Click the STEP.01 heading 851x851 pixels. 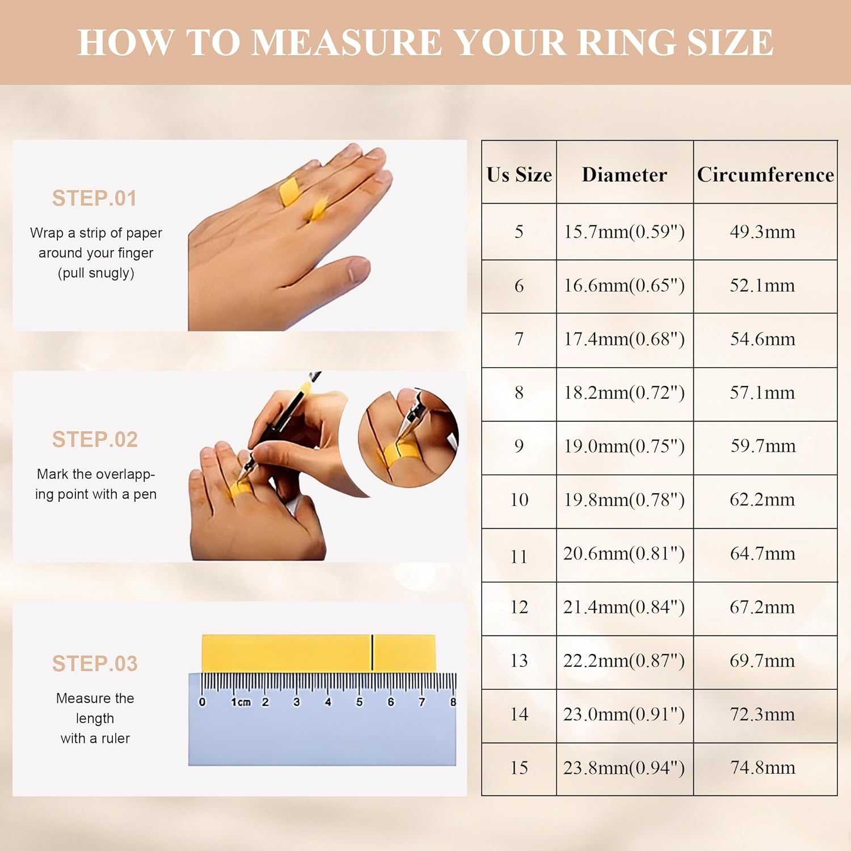pos(94,199)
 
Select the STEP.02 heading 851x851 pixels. pos(95,440)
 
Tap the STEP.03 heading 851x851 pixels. pos(95,664)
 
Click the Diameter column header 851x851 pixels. pos(624,175)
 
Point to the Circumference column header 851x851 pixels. pos(765,175)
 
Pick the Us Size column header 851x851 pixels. pos(519,175)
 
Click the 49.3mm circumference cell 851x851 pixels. pos(762,232)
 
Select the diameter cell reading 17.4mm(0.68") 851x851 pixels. pos(624,339)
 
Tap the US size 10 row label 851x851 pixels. pos(519,500)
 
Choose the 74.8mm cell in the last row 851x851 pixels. pos(762,768)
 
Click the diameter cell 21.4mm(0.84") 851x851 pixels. pos(624,607)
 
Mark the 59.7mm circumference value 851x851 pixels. pos(762,446)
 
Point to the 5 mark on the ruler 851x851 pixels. pos(359,702)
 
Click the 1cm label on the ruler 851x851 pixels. pos(240,702)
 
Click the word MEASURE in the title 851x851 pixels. pos(346,43)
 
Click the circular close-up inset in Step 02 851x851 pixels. pos(408,438)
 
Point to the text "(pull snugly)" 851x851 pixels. pos(96,273)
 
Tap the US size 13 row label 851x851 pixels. pos(519,661)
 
